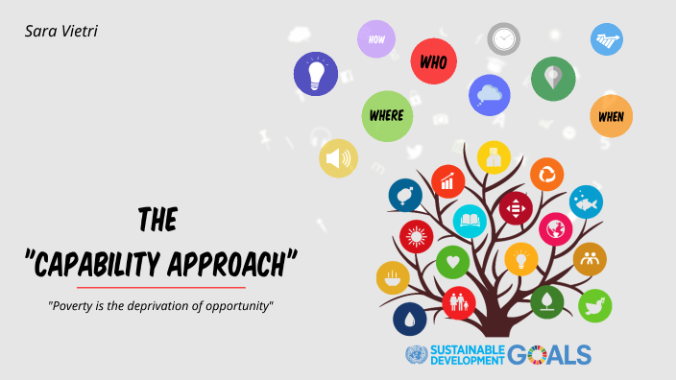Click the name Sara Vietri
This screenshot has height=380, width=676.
(61, 32)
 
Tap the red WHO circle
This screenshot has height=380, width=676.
(433, 62)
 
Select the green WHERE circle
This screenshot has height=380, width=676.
(387, 116)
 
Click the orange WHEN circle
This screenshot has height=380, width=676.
(611, 116)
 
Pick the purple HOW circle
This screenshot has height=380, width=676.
(376, 39)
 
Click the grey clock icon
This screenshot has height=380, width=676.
(503, 39)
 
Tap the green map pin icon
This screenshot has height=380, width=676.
(553, 78)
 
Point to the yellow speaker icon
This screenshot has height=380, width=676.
(338, 158)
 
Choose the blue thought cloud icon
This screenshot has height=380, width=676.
(489, 95)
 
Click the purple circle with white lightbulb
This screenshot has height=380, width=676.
(316, 73)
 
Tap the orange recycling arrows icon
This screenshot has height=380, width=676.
(547, 174)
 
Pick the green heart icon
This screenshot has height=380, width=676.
(451, 261)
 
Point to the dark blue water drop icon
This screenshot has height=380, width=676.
(409, 319)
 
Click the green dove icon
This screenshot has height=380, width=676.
(594, 306)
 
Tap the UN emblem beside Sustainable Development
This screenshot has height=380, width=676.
(416, 354)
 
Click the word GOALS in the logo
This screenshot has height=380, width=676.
(549, 354)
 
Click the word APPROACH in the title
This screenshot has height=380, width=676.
(227, 261)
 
